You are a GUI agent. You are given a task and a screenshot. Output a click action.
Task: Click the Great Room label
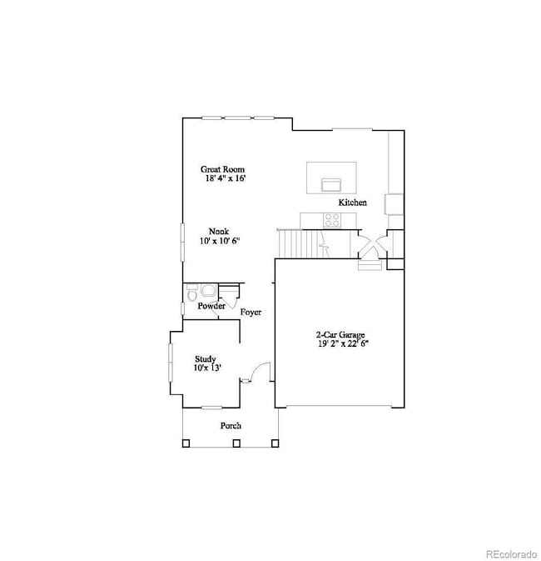pos(222,168)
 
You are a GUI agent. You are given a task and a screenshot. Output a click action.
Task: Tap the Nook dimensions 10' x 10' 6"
pos(219,241)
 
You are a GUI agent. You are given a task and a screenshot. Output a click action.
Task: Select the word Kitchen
pos(352,203)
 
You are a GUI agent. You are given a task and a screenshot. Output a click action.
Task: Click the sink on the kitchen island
pos(330,183)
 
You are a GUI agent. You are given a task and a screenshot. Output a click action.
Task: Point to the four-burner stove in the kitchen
pos(331,220)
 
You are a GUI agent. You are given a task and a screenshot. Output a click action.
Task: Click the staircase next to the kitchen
pos(300,243)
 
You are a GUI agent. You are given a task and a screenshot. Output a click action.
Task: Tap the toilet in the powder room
pos(192,293)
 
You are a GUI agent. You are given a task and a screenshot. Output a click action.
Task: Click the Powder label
pos(211,306)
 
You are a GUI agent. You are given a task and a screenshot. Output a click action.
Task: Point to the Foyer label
pos(251,313)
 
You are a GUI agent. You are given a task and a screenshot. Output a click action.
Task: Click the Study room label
pos(206,358)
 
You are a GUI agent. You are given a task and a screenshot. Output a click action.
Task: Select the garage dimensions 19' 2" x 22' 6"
pos(341,343)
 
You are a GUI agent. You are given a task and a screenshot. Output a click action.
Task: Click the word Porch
pos(231,425)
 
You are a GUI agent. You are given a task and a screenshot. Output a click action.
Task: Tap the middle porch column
pos(236,443)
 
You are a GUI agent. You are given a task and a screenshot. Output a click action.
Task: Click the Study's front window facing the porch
pos(212,408)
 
